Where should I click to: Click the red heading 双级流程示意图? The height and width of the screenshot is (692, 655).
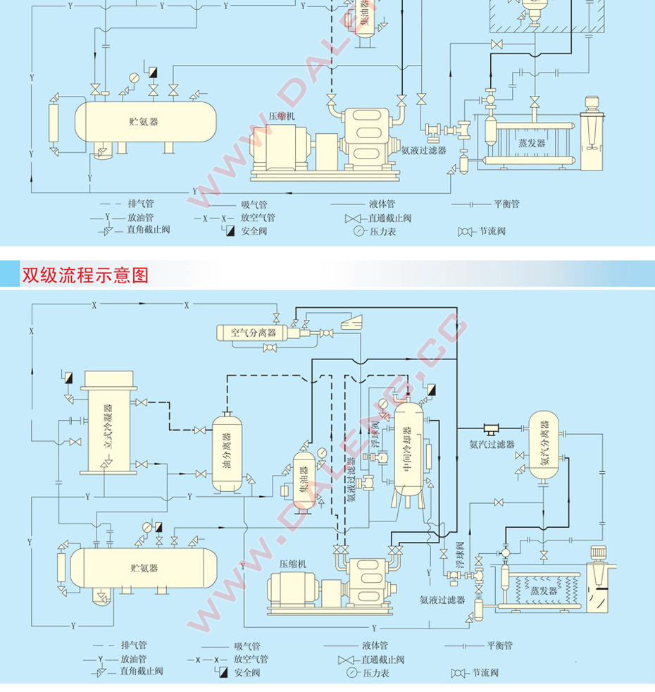[x=85, y=274]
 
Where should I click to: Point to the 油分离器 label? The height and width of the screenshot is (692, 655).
[x=227, y=454]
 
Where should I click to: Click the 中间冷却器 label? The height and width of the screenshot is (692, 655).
[x=406, y=451]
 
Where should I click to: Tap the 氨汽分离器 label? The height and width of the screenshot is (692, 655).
[x=544, y=444]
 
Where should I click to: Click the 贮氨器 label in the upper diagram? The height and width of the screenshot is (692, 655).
[x=144, y=121]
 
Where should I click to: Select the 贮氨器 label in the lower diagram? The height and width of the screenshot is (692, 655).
[x=144, y=568]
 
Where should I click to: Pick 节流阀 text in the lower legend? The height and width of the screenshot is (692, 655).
[x=485, y=672]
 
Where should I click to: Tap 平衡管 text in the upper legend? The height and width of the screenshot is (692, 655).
[x=506, y=204]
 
